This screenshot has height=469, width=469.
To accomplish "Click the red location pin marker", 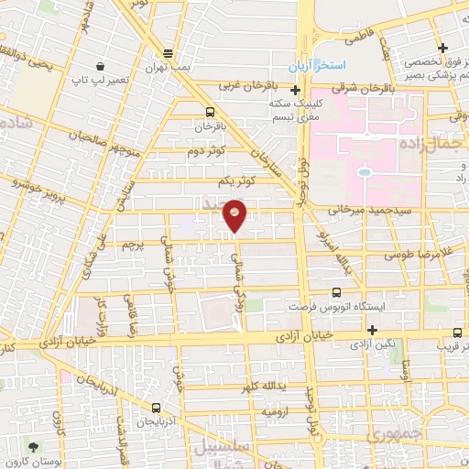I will tap(236, 214).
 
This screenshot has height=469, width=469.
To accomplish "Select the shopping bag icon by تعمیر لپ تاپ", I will tap(98, 67).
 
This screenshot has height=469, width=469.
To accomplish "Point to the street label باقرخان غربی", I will tap(246, 86).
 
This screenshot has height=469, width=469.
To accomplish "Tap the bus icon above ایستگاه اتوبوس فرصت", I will tap(335, 293).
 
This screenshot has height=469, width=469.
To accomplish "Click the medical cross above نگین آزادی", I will tap(372, 330).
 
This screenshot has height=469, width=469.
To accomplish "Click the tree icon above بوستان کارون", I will tap(35, 447).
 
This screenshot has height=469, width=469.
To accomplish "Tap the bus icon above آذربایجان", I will tap(157, 408).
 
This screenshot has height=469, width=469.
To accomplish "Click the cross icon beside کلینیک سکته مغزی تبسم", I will tap(295, 91).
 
